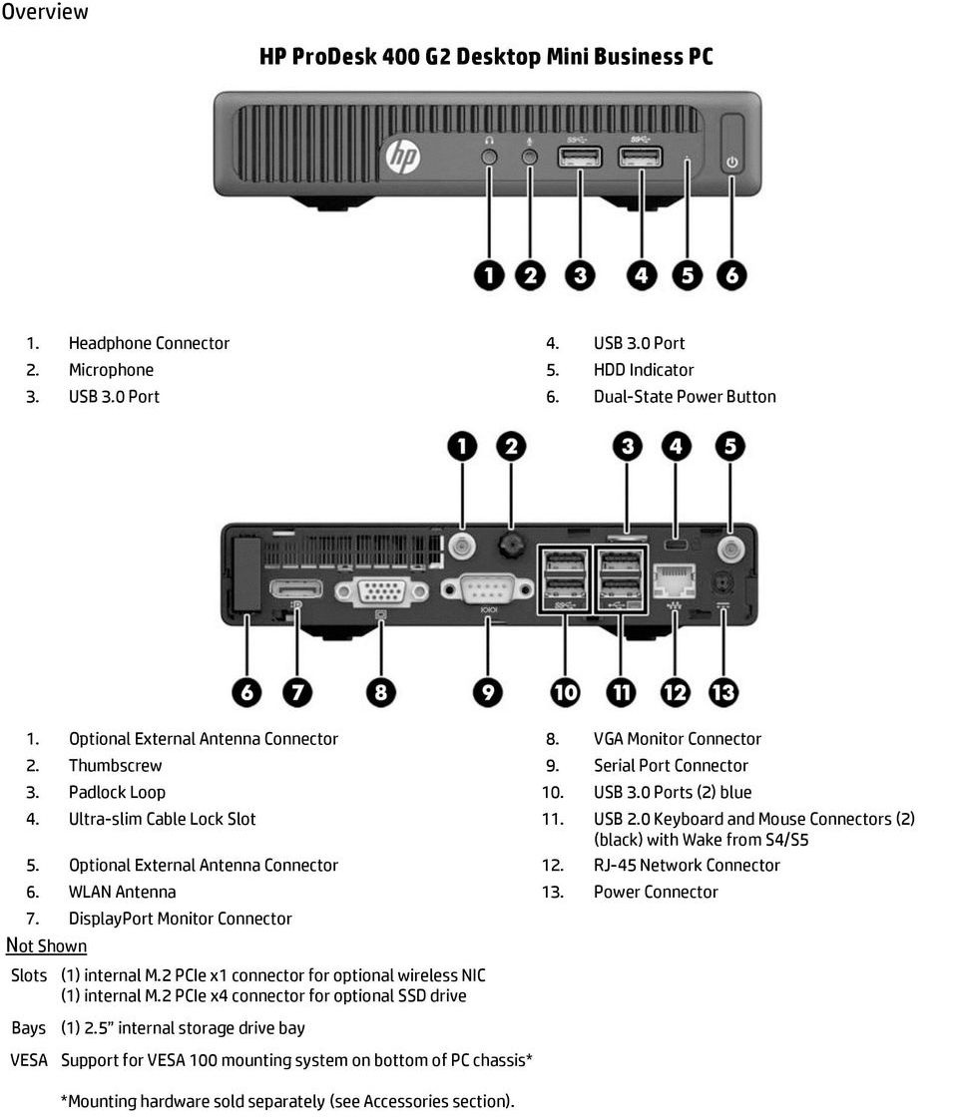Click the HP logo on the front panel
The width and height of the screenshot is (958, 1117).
click(402, 158)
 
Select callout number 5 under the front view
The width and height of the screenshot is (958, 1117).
click(687, 275)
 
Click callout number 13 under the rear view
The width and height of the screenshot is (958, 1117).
click(722, 691)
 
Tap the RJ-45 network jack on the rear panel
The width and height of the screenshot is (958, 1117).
click(676, 581)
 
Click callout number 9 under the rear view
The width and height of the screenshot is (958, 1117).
click(487, 691)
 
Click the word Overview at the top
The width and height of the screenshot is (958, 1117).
click(45, 12)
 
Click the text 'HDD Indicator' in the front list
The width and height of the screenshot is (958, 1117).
click(644, 369)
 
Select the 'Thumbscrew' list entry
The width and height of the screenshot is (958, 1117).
click(115, 765)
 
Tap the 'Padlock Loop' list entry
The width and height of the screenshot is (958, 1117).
click(117, 792)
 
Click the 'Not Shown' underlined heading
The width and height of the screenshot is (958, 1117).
click(46, 945)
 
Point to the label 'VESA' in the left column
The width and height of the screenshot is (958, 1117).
click(29, 1060)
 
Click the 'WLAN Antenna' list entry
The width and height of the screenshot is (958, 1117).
click(122, 892)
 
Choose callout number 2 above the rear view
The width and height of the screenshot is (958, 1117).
click(511, 447)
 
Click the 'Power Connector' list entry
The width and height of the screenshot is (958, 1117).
click(656, 892)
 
